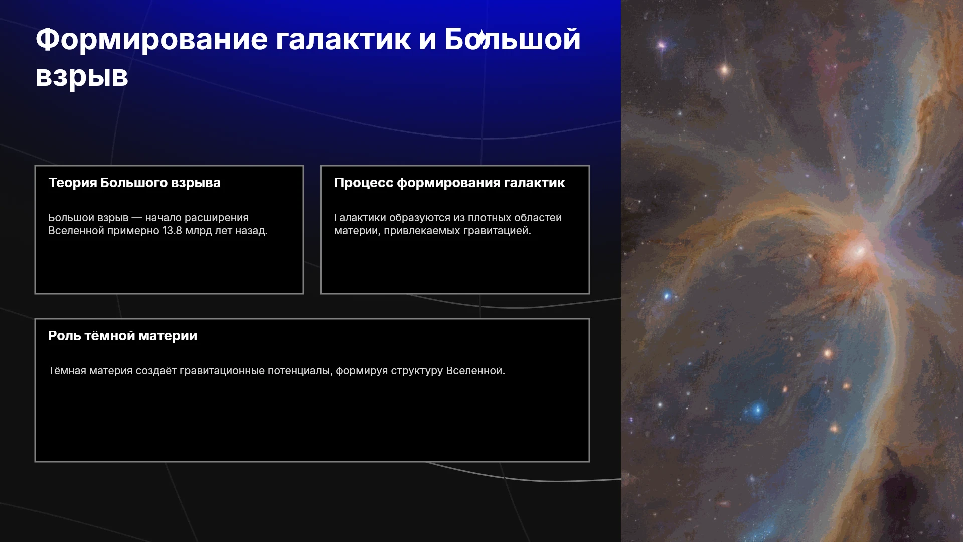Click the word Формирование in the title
pyautogui.click(x=152, y=40)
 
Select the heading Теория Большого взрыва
pyautogui.click(x=134, y=183)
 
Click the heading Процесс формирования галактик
pyautogui.click(x=449, y=183)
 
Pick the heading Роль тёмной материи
pyautogui.click(x=123, y=336)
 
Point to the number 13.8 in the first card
pyautogui.click(x=172, y=231)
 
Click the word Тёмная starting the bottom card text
pyautogui.click(x=65, y=371)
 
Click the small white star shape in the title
pyautogui.click(x=481, y=37)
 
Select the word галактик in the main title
pyautogui.click(x=343, y=40)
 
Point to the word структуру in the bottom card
pyautogui.click(x=417, y=371)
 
